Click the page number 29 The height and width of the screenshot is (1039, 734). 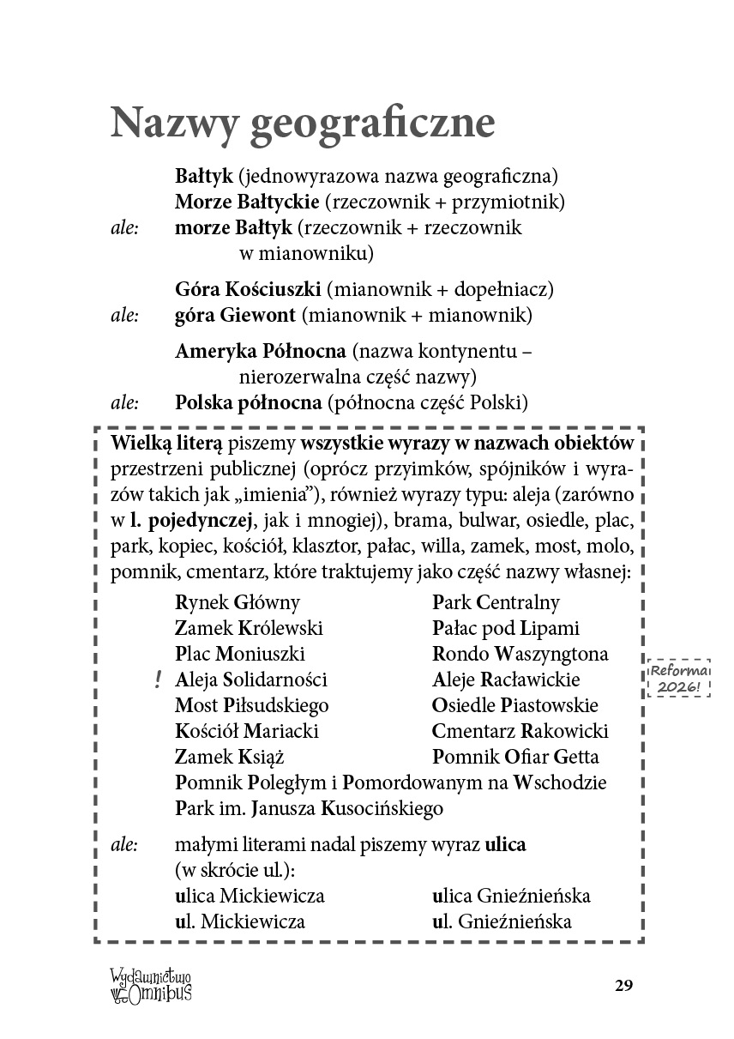(x=623, y=984)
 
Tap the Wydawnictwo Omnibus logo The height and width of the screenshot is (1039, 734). (x=150, y=983)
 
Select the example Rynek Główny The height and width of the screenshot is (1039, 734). (x=238, y=603)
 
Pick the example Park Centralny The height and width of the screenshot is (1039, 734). (x=496, y=603)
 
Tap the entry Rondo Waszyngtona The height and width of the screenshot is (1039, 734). (x=520, y=655)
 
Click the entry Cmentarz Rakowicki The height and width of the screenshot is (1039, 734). (x=520, y=732)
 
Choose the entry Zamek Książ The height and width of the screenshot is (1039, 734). (x=229, y=758)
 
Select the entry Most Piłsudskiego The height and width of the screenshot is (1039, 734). (x=251, y=706)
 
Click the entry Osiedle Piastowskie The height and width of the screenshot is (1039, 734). (x=515, y=706)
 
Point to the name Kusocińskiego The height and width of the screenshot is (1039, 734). (x=382, y=809)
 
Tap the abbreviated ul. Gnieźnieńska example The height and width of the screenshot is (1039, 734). (x=502, y=923)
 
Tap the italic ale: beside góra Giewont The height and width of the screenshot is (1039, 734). (x=125, y=316)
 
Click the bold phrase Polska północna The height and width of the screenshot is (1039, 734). (x=249, y=402)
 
